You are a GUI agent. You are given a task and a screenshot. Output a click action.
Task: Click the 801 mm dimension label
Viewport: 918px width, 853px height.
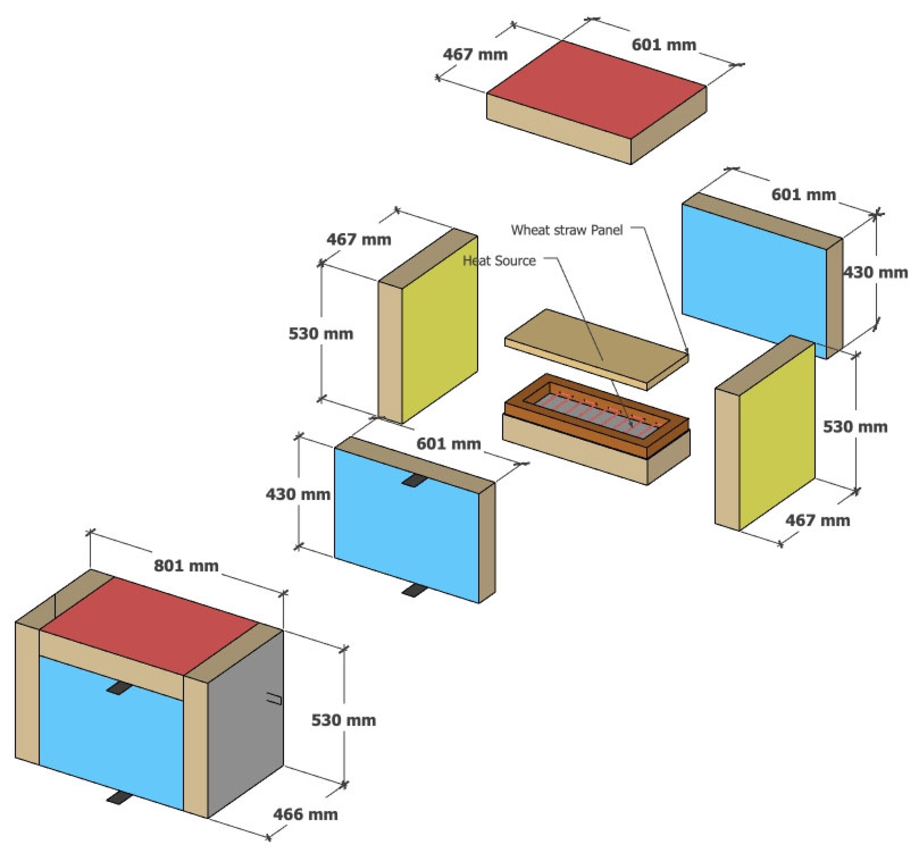186,566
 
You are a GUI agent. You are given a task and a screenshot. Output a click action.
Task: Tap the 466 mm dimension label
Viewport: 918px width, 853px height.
305,814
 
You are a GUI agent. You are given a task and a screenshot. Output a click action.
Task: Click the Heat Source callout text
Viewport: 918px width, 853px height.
499,261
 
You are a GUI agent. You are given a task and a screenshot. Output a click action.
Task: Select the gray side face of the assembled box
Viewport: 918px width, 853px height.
245,720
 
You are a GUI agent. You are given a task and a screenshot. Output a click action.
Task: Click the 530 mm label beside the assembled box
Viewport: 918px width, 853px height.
343,720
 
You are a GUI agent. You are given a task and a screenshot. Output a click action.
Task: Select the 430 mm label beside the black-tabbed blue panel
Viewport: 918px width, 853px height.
298,495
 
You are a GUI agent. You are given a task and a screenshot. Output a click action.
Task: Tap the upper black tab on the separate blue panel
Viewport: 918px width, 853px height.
414,480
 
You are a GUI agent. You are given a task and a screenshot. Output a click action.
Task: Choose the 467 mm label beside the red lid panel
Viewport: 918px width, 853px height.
475,54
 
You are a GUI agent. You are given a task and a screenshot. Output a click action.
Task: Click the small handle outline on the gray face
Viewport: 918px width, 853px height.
274,699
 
